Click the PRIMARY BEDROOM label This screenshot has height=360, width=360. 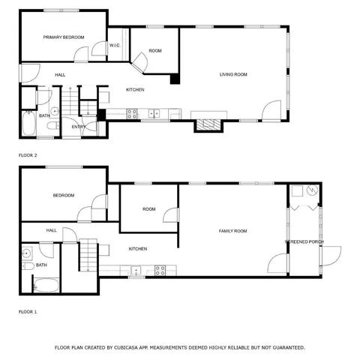63,37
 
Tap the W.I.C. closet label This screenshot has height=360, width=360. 115,46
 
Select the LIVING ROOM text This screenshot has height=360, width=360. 233,74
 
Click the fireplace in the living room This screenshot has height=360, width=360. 208,124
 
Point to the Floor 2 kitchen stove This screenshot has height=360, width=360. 132,114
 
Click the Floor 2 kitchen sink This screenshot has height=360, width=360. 154,114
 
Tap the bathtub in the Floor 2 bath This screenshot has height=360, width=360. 27,124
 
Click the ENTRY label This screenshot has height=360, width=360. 79,127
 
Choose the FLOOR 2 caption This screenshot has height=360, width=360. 28,155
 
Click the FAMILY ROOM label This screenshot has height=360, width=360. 232,231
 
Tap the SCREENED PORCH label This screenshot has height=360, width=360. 304,241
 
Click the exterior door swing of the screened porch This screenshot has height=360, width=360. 330,256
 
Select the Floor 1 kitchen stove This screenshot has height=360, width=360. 160,270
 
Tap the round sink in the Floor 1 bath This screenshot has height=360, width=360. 26,253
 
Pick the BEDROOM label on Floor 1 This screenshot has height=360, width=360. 63,196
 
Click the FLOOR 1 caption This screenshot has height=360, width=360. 28,311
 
